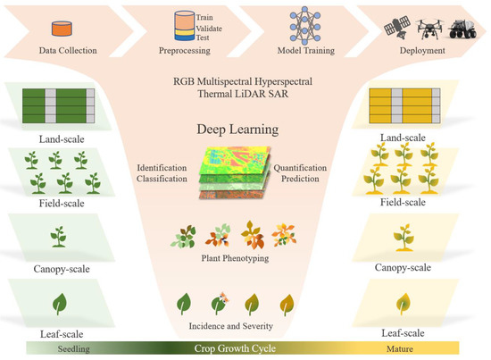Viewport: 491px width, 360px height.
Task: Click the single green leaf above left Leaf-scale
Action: pos(58,303)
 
